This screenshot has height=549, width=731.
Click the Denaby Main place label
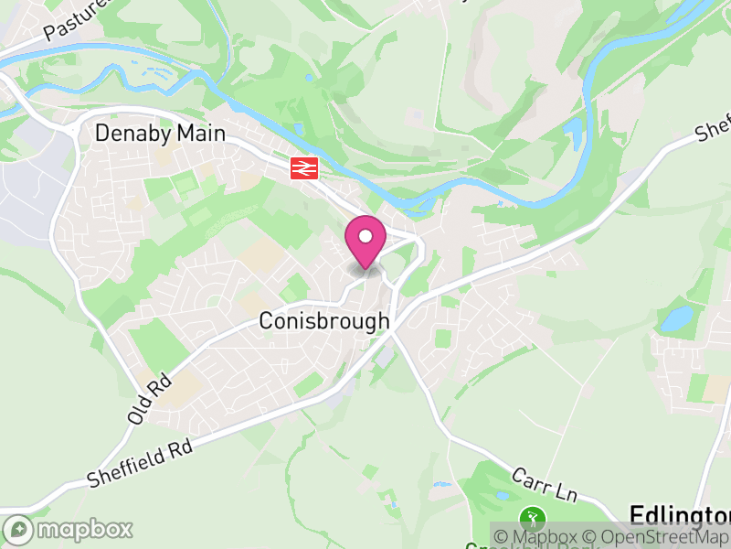click(x=160, y=134)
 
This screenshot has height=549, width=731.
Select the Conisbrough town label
click(x=324, y=322)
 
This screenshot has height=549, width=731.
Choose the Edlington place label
click(x=680, y=513)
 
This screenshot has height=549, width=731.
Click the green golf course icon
click(x=531, y=517)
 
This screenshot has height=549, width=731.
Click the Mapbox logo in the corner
click(x=69, y=529)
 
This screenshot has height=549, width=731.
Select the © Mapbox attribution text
click(x=539, y=537)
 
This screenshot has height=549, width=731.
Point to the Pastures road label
click(x=77, y=18)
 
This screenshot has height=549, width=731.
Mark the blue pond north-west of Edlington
click(x=677, y=318)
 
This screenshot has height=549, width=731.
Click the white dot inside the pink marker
click(x=365, y=236)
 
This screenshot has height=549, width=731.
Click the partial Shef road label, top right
click(x=713, y=129)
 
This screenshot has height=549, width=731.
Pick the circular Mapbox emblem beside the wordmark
click(x=17, y=529)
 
